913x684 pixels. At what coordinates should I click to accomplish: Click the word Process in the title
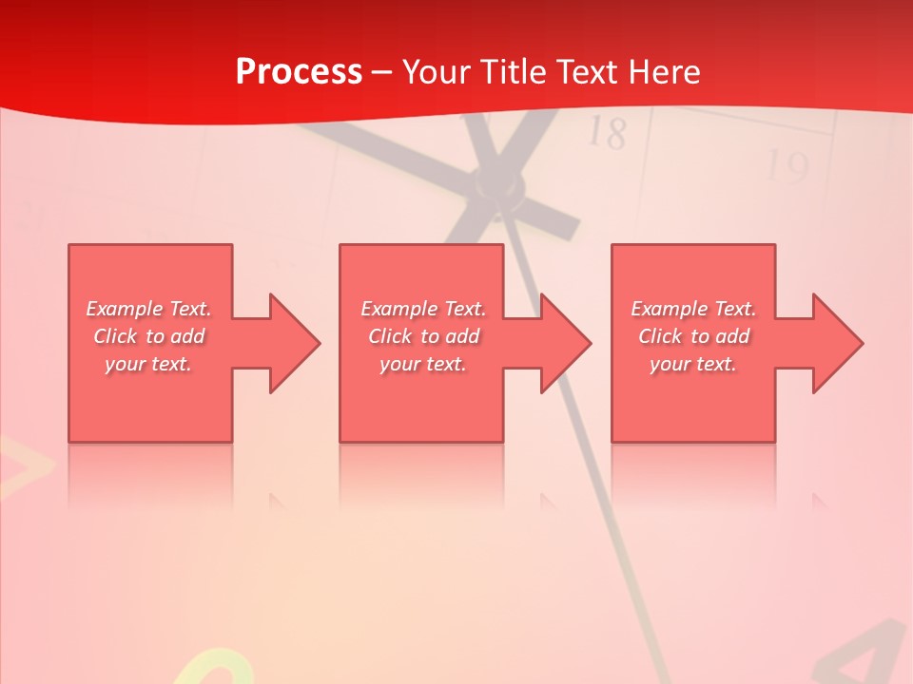(x=299, y=71)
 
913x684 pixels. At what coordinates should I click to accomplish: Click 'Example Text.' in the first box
(x=148, y=309)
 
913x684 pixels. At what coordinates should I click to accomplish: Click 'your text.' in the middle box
(x=422, y=364)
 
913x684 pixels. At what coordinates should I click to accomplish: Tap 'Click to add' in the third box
(x=693, y=336)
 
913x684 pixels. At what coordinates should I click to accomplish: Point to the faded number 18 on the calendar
(x=607, y=133)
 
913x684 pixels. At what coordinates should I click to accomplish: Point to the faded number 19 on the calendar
(x=787, y=169)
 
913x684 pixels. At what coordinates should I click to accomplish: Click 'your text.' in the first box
(x=148, y=364)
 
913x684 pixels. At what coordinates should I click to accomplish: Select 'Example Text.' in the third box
(x=693, y=309)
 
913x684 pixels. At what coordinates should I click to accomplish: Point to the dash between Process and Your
(x=381, y=72)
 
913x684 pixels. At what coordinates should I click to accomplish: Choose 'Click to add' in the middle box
(x=422, y=336)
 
